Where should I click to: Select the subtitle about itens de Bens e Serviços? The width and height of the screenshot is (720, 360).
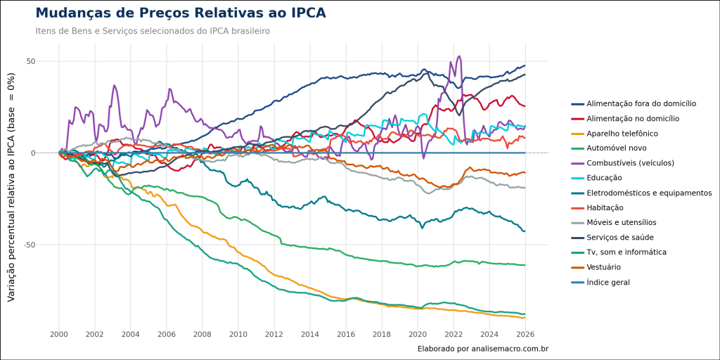[153, 31]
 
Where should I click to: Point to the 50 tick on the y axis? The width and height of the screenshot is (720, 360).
[30, 61]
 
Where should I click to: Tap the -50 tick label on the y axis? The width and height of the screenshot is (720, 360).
[29, 245]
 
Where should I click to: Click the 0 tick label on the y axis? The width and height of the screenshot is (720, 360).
[32, 153]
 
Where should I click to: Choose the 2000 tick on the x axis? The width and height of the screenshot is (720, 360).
[59, 334]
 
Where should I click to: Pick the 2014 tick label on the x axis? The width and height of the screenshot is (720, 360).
[310, 334]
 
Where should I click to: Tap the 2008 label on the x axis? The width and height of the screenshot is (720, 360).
[202, 334]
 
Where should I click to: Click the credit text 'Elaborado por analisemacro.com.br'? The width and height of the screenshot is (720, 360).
[482, 348]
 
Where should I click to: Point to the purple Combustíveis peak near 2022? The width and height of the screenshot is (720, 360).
[459, 57]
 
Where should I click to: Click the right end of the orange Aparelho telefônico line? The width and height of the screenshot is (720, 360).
[525, 317]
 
